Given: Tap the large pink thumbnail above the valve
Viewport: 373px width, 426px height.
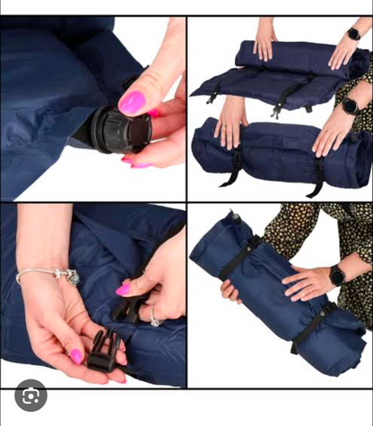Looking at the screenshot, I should (133, 102).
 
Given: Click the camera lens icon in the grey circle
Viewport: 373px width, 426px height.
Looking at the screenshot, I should (30, 395).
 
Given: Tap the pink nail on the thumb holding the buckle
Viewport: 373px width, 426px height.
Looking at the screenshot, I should (77, 356).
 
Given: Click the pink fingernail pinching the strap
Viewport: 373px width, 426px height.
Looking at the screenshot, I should (123, 290).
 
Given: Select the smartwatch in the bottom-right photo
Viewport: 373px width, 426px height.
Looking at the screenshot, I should (337, 276).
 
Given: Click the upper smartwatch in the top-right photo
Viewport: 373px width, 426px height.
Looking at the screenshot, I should (353, 34).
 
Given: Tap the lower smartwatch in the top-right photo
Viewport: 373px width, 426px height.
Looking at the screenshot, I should (350, 106).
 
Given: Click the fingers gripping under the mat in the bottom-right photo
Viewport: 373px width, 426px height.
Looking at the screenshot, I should (231, 292).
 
